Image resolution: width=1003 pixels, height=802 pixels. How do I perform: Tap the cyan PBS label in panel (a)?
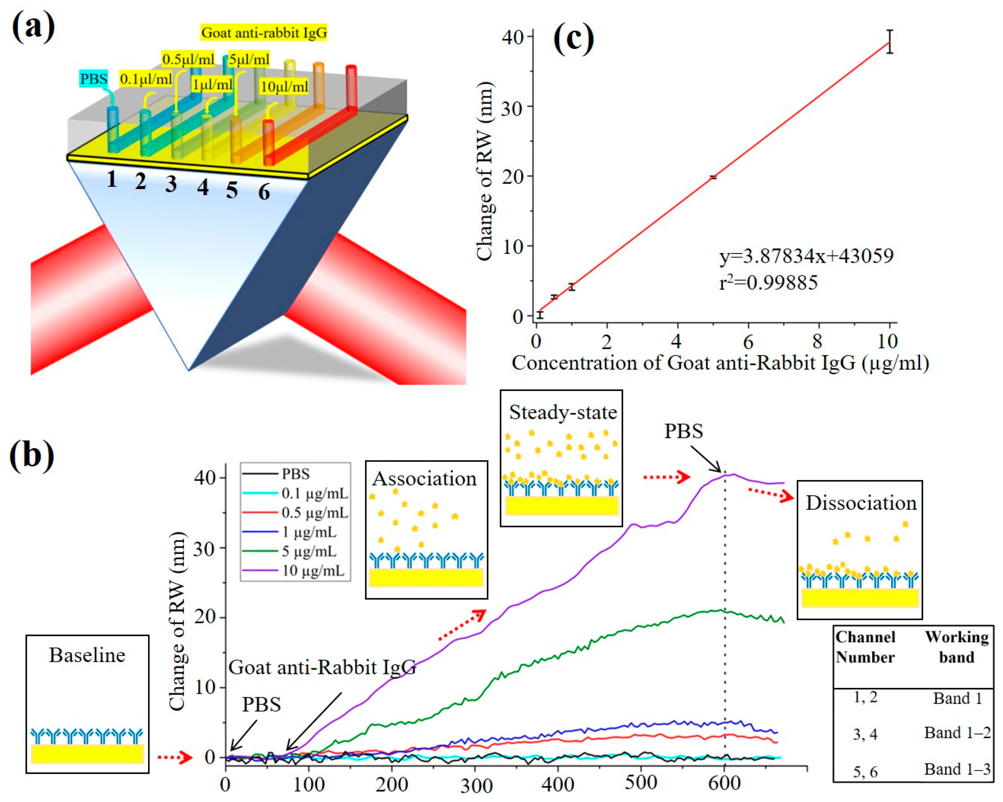click(94, 79)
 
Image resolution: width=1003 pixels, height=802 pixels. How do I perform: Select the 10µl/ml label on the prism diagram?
click(284, 87)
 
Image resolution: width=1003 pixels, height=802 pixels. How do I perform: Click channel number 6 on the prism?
click(264, 191)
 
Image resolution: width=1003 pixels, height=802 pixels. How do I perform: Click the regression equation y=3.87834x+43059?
click(806, 256)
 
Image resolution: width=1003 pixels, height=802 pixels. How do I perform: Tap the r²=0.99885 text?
click(768, 282)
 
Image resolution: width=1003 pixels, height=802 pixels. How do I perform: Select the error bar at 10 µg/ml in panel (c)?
click(889, 42)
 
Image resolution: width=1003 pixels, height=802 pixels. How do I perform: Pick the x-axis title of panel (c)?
click(720, 363)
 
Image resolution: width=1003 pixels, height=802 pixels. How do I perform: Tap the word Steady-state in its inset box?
click(562, 413)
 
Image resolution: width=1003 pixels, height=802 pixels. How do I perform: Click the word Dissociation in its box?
click(860, 503)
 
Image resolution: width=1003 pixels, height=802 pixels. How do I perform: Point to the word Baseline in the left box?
click(87, 655)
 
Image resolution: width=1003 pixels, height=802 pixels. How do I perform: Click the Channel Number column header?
click(865, 647)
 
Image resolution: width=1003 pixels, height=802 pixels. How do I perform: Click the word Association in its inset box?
click(425, 479)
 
